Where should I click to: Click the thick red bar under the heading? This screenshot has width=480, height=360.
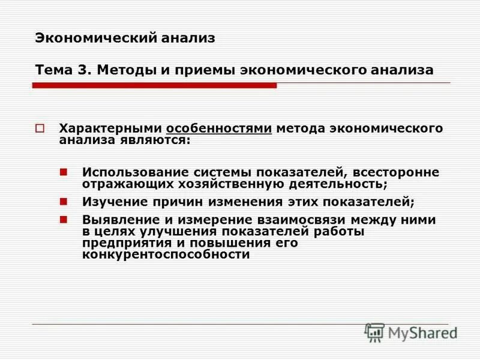pyautogui.click(x=154, y=86)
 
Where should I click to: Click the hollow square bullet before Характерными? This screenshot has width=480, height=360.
pyautogui.click(x=40, y=129)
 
